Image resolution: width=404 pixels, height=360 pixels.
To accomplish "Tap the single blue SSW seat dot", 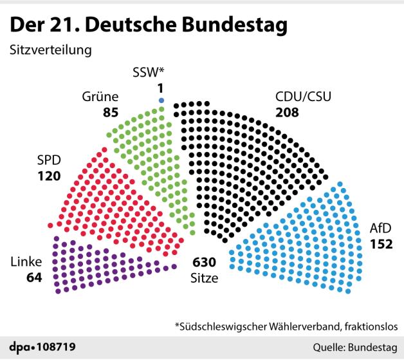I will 161,100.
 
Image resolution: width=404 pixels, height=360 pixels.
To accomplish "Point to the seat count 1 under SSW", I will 161,87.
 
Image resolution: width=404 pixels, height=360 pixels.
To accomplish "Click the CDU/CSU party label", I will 302,98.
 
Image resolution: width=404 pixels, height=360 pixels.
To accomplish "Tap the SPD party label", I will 51,159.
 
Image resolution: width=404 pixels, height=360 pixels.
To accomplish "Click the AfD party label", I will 380,229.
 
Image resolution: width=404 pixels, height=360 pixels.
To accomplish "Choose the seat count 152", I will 381,243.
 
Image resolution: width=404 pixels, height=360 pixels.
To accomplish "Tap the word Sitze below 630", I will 205,278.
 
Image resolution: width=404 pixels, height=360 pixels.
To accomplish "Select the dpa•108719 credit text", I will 42,347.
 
